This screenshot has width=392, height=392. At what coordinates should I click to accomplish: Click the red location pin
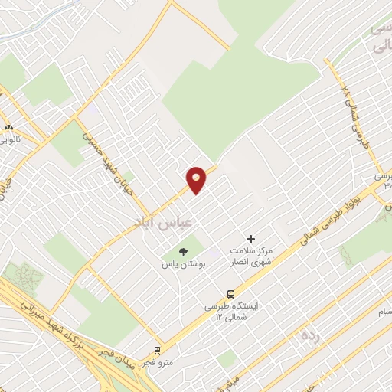point(197,178)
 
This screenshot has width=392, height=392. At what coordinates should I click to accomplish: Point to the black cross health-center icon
point(251,240)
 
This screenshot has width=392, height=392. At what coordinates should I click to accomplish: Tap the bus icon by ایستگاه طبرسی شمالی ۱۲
point(230,294)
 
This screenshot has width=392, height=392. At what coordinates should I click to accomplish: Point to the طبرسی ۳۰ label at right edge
point(384,181)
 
